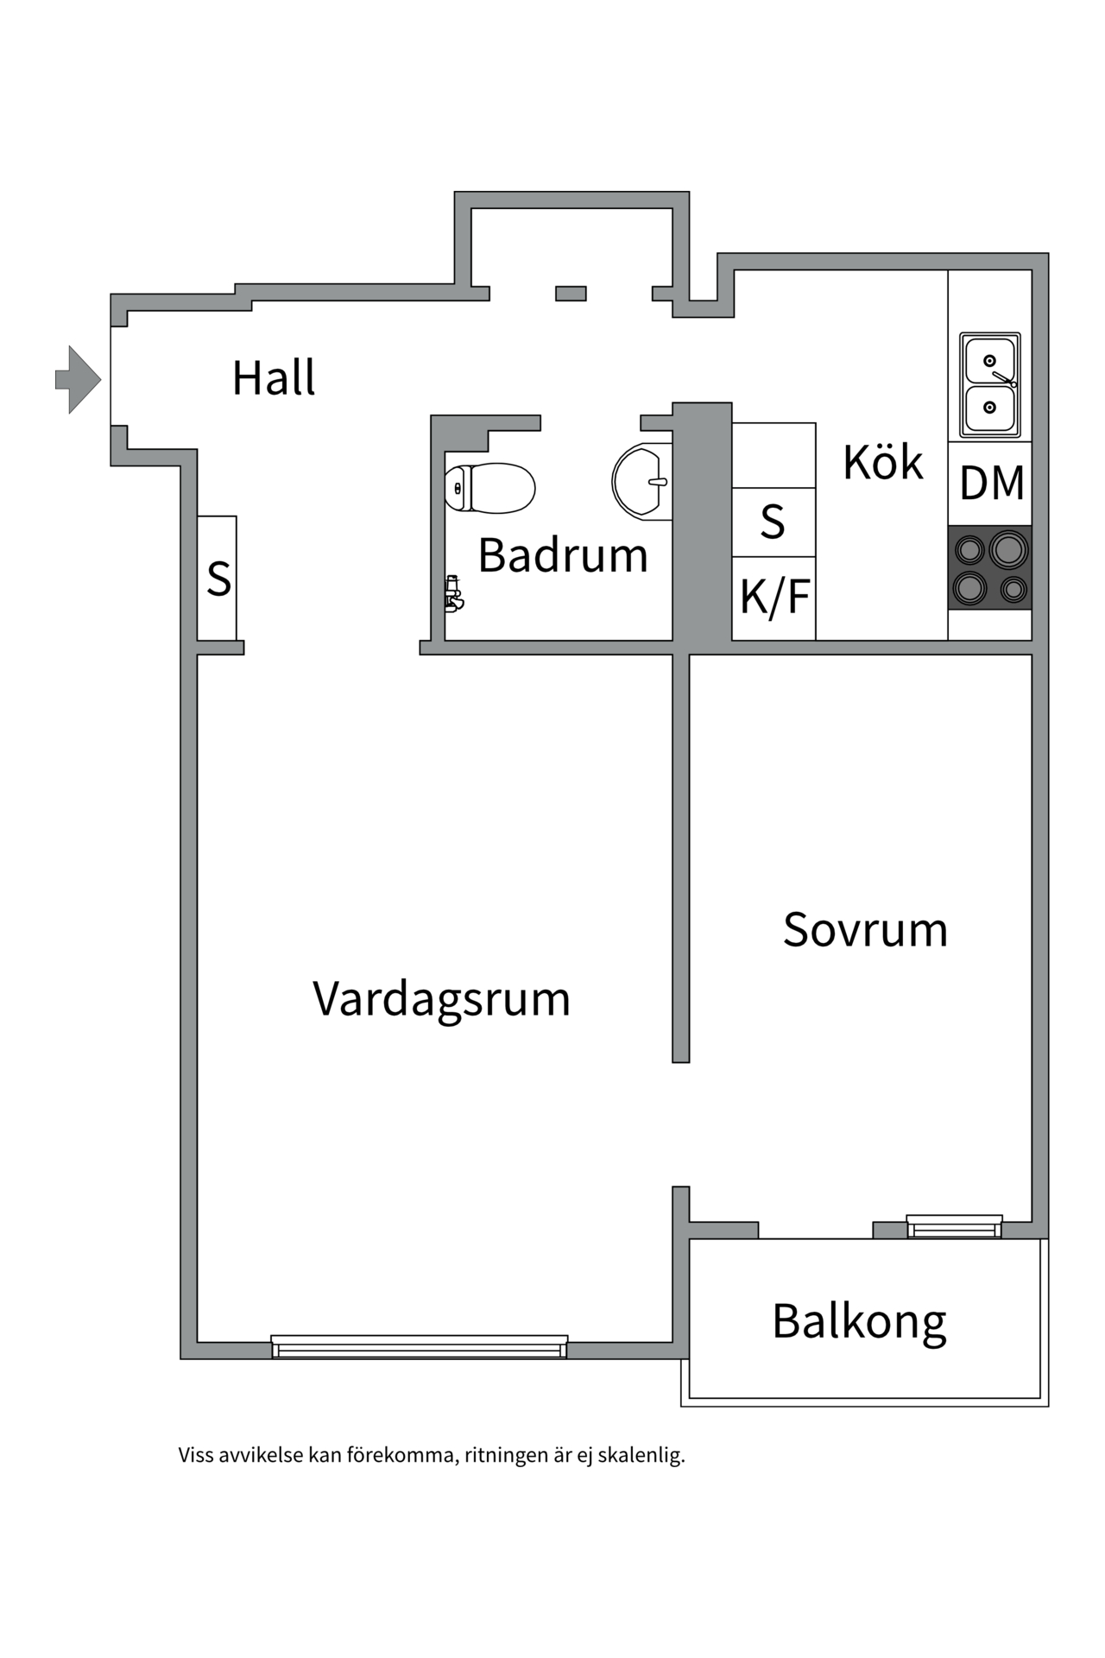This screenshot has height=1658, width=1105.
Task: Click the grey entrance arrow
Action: coord(79,379)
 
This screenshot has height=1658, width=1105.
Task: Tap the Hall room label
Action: coord(274,378)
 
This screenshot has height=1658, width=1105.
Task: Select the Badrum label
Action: coord(563,554)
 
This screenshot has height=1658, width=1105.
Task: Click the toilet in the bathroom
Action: coord(489,489)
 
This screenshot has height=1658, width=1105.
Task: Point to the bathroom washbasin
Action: coord(641,481)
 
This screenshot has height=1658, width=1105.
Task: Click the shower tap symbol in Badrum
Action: coord(453,594)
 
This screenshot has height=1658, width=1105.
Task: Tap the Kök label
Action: coord(882,462)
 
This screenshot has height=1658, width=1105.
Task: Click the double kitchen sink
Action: coord(989,384)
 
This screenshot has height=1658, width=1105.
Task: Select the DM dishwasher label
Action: coord(991,483)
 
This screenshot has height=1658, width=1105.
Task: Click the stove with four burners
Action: coord(990,567)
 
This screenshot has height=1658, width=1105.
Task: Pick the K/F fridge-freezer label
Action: coord(774,597)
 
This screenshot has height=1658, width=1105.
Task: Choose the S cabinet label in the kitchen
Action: coord(773,522)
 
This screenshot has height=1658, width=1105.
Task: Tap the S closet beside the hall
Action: coord(218,579)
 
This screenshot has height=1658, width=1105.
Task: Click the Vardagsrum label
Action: coord(441,999)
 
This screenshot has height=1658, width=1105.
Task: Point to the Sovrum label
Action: coord(865,930)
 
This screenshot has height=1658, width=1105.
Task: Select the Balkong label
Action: coord(859,1321)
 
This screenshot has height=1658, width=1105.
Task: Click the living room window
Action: coord(420,1346)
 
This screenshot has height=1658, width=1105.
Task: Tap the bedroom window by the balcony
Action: coord(954,1226)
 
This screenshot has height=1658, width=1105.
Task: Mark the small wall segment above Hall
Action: coord(571,294)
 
